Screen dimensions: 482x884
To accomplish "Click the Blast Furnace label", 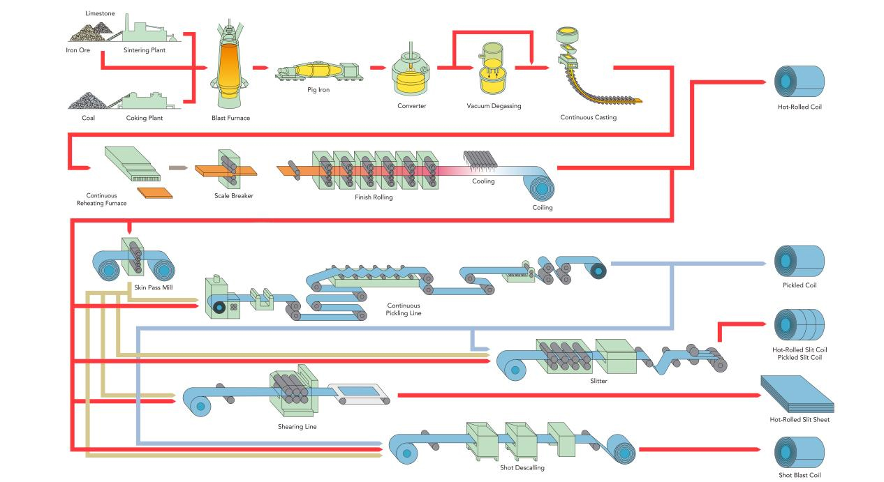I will click(230, 118).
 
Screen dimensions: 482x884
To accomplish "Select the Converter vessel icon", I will click(411, 73).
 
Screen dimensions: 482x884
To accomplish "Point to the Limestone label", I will click(99, 13).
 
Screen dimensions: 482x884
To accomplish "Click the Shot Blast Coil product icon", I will click(800, 451).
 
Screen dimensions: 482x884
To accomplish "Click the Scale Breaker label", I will click(234, 196).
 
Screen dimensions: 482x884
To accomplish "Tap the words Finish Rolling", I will click(374, 197).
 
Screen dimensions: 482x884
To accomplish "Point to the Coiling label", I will click(543, 207).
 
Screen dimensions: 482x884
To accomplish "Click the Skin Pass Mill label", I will click(153, 287).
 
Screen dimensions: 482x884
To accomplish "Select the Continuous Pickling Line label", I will click(404, 309).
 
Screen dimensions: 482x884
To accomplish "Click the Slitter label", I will click(598, 381).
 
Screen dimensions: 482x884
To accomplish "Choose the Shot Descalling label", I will click(522, 468).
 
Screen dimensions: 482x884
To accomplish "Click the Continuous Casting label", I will click(588, 117).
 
